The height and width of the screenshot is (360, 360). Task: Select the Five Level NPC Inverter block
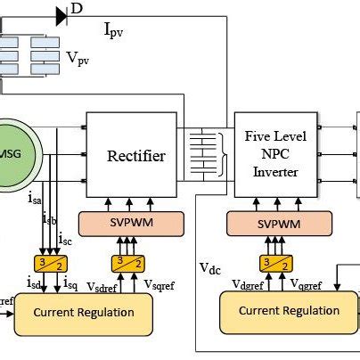tap(275, 154)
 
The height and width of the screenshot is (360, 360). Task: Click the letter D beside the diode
tap(77, 10)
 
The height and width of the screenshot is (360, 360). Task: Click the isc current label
tap(64, 239)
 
